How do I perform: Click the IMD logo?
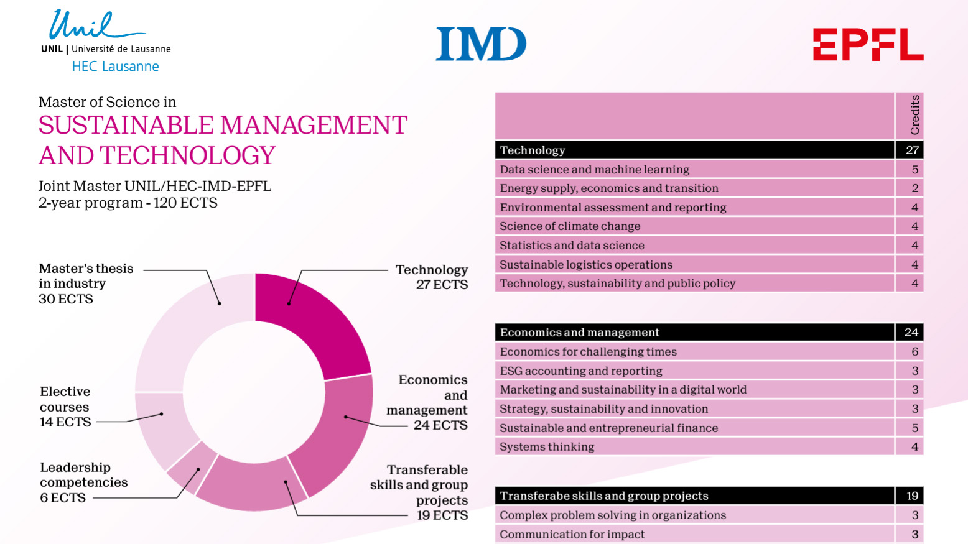(x=481, y=44)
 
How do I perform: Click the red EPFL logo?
(x=868, y=44)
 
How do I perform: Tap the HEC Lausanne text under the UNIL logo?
(x=115, y=67)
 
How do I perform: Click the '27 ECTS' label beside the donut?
(x=442, y=285)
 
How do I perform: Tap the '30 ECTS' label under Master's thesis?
(x=66, y=299)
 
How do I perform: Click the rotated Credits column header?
(x=914, y=115)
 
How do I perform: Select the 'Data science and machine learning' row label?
(x=594, y=170)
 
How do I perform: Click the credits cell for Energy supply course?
(x=914, y=188)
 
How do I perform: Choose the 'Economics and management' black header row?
(x=579, y=333)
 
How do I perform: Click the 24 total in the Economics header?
(x=911, y=333)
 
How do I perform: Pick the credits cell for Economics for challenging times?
(x=914, y=352)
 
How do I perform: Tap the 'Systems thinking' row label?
(x=547, y=447)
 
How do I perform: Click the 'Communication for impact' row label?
(x=572, y=535)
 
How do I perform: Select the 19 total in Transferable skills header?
(x=912, y=496)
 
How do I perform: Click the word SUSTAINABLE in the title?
(x=125, y=126)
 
